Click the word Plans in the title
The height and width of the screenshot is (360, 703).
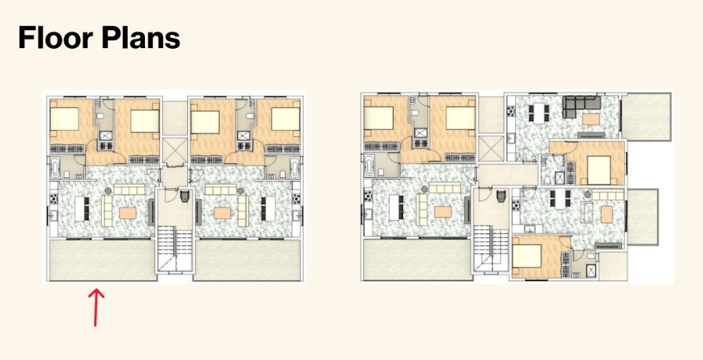coord(141,37)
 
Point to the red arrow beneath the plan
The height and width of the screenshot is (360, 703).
coord(95,308)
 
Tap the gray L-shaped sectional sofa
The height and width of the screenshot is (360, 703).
coord(581,106)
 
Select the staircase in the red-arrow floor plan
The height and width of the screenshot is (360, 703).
coord(175,249)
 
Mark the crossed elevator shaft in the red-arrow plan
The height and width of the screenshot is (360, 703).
coord(175,150)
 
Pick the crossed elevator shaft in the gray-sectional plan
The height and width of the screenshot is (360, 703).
coord(491,148)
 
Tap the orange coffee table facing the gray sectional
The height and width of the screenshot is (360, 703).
coord(591,119)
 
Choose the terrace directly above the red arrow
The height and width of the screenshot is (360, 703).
coord(103,260)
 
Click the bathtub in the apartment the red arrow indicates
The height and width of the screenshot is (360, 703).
coord(55,168)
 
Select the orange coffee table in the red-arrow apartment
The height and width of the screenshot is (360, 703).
coord(128,213)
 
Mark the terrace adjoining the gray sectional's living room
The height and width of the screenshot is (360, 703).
coord(646,117)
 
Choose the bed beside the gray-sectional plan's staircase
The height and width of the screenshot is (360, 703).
coord(528,256)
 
